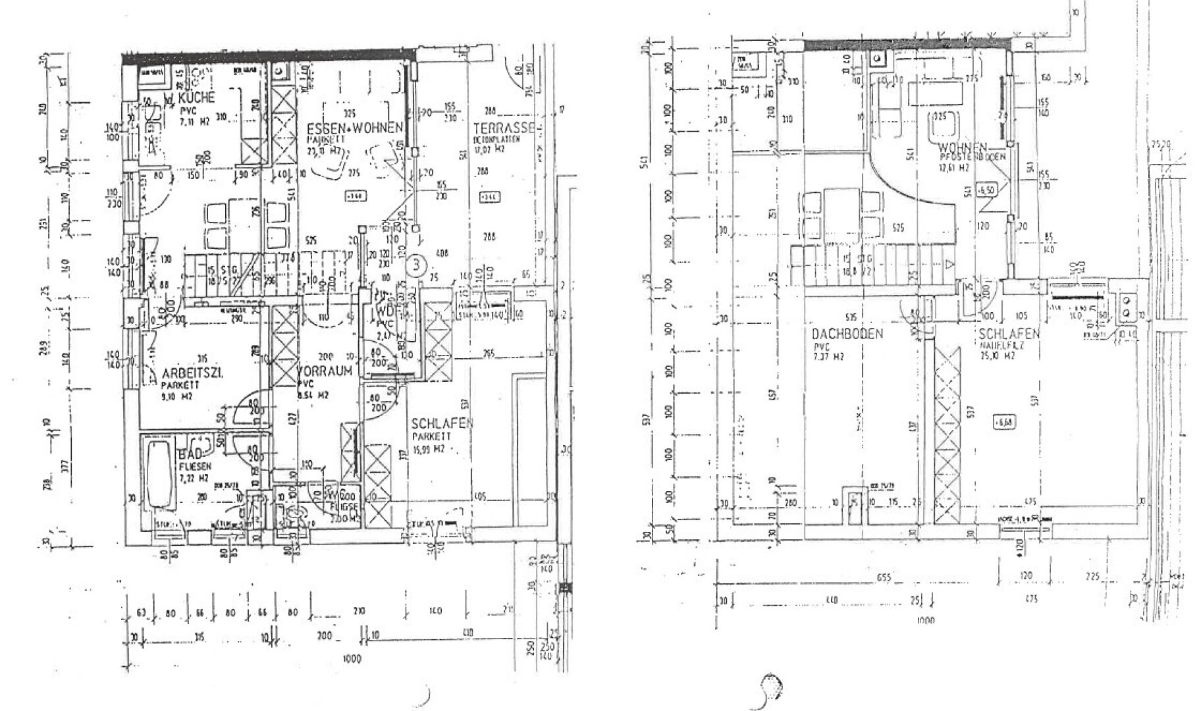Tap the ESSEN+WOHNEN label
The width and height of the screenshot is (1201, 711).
coord(354,128)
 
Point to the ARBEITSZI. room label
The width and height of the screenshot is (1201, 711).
coord(192,373)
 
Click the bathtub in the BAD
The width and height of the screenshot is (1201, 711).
coord(159,474)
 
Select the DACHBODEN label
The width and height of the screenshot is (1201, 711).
coord(847,334)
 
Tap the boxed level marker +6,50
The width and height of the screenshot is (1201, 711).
coord(985,190)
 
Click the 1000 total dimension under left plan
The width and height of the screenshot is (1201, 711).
coord(352,659)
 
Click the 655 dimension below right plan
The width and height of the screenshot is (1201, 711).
coord(884,578)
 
